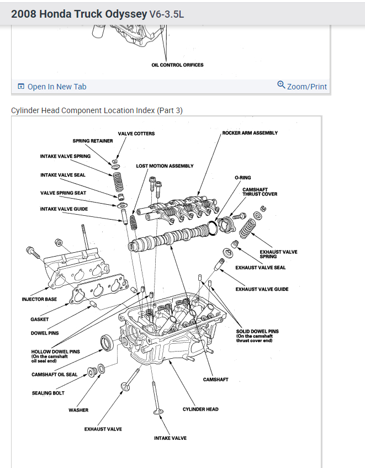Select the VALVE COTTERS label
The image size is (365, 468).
(136, 134)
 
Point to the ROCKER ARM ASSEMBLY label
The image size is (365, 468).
(250, 133)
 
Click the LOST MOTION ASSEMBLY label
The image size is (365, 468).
(165, 166)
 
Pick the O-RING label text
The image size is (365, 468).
(243, 178)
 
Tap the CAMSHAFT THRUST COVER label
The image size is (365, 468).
(260, 192)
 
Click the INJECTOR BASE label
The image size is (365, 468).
(39, 299)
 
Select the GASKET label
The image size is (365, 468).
(39, 319)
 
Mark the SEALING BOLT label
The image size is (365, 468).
(48, 393)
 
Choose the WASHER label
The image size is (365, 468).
(78, 410)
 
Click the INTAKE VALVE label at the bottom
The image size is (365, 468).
(170, 438)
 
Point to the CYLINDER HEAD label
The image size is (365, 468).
(200, 409)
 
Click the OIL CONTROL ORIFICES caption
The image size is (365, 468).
(177, 65)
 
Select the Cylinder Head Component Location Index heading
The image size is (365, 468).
(97, 110)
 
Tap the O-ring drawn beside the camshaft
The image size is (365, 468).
(211, 228)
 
